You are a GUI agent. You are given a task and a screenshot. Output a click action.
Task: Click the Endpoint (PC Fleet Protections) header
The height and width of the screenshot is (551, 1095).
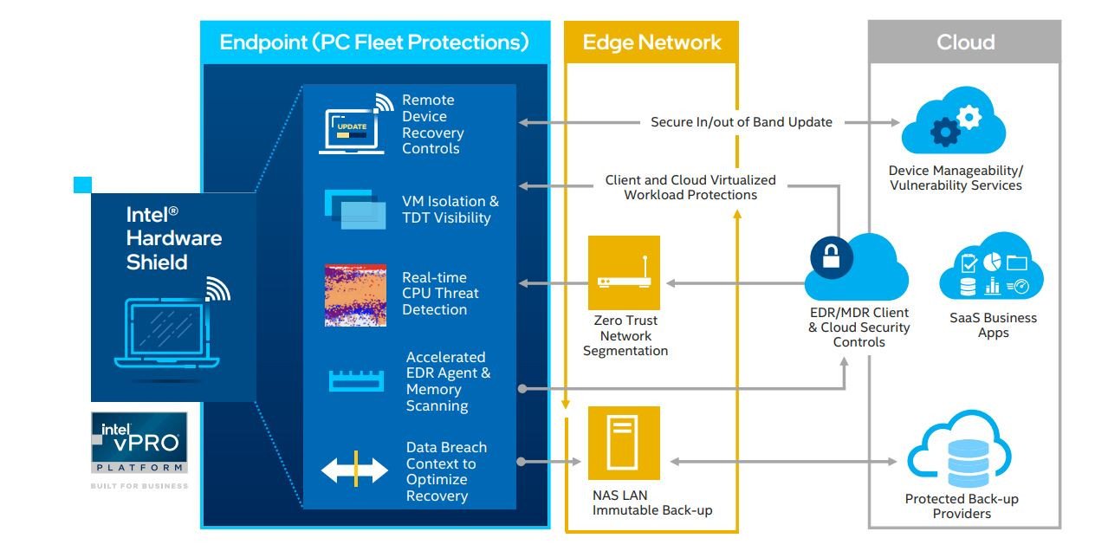pos(373,42)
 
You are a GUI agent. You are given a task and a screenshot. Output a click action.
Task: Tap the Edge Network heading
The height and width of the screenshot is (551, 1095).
pos(651,42)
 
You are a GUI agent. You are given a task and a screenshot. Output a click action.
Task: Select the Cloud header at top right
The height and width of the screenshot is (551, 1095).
pos(965,42)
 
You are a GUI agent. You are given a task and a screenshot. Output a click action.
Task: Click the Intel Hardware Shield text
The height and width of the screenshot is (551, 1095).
pos(174,238)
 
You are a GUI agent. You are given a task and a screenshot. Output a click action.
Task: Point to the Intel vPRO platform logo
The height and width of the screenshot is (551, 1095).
pos(139,442)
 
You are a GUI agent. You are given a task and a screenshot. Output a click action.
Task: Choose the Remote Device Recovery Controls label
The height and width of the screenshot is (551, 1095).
pos(432,124)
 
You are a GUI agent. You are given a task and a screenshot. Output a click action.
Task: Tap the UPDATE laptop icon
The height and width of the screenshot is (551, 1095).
pos(353,131)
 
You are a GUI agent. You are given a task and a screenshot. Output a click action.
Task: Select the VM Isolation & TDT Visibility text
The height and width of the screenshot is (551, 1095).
pos(450,210)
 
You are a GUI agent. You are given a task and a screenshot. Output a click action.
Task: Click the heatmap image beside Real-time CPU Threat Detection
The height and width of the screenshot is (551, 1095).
pos(355,295)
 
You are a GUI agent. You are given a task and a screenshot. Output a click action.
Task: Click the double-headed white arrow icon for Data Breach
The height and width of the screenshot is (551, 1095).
pos(355,471)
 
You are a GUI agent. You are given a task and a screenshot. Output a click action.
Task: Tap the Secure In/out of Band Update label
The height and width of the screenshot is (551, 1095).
pos(741,122)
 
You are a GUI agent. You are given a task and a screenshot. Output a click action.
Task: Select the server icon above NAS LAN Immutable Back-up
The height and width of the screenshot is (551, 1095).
pos(624,443)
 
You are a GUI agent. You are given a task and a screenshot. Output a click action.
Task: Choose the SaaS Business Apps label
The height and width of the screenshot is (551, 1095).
pos(993,325)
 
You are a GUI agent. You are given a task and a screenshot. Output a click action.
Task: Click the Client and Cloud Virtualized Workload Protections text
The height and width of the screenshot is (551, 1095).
pos(690,187)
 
